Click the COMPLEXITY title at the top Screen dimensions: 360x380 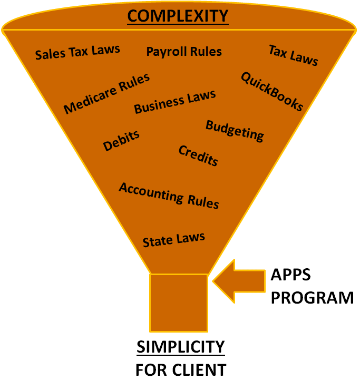click(x=178, y=16)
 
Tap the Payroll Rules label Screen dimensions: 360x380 click(x=184, y=51)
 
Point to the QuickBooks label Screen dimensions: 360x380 click(x=272, y=92)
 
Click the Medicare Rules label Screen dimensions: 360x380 click(x=107, y=93)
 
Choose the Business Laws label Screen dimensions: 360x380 click(x=175, y=101)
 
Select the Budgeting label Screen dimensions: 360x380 click(x=235, y=131)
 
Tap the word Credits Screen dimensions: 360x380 click(x=198, y=155)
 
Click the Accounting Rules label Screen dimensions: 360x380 click(x=169, y=195)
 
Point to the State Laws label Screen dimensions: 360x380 click(x=173, y=240)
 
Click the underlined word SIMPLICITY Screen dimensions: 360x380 click(x=180, y=347)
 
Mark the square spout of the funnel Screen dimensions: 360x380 click(x=178, y=301)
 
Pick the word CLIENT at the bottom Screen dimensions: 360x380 click(x=201, y=369)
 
